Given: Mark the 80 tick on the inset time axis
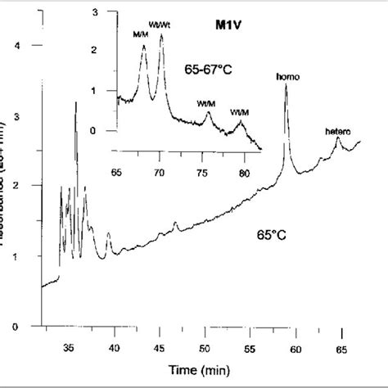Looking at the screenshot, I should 244,172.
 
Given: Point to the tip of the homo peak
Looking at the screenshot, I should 286,85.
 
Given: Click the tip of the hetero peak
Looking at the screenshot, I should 338,138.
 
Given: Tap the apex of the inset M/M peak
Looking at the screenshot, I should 143,45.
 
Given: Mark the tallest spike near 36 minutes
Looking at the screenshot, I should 76,102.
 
